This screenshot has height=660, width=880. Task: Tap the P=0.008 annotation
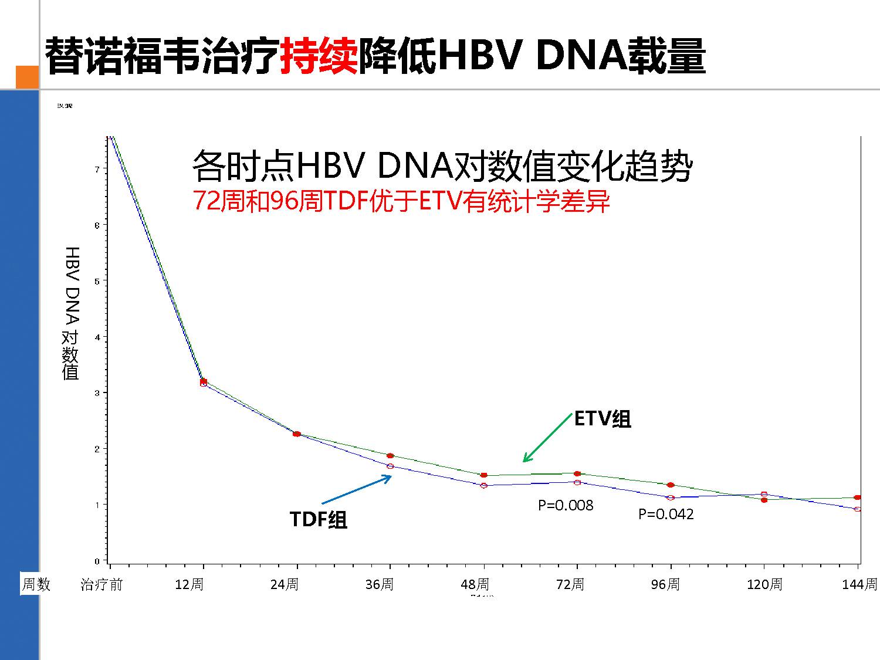[566, 505]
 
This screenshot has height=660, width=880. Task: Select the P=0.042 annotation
[666, 514]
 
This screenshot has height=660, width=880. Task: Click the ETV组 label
[603, 419]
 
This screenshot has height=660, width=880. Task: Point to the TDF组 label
[319, 519]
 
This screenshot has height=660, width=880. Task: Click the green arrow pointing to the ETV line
[547, 438]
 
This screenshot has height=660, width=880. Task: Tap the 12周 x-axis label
[189, 584]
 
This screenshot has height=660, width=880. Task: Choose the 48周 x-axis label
[475, 584]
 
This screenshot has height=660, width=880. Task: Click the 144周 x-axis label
[859, 584]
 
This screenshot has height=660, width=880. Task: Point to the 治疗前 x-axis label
[101, 584]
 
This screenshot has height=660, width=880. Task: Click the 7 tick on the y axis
[97, 169]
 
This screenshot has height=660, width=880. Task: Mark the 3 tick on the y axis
[97, 392]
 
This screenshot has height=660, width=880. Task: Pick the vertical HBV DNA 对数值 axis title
[71, 313]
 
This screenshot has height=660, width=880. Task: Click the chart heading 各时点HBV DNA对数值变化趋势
[442, 166]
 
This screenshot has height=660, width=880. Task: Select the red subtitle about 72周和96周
[401, 202]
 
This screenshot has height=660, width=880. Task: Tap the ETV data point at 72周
[577, 473]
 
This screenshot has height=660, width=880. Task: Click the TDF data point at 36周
[390, 466]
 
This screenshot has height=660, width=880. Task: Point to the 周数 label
[36, 584]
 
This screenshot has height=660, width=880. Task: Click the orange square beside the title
[27, 77]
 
